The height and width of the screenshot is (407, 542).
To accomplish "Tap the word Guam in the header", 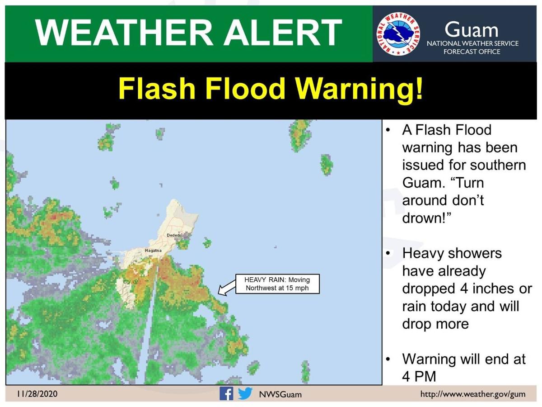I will pyautogui.click(x=471, y=30).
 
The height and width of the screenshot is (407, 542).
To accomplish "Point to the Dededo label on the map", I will pyautogui.click(x=174, y=235).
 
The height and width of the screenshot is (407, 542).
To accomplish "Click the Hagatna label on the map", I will pyautogui.click(x=153, y=250).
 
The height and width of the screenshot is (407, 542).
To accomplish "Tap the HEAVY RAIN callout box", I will pyautogui.click(x=277, y=284).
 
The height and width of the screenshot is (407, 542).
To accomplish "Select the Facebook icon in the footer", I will pyautogui.click(x=226, y=393).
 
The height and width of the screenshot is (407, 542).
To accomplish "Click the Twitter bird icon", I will pyautogui.click(x=245, y=393).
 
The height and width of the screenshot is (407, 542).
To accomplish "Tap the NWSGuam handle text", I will pyautogui.click(x=280, y=394).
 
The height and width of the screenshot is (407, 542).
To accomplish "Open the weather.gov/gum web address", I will pyautogui.click(x=473, y=394).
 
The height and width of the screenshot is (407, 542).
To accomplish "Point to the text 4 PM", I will pyautogui.click(x=418, y=377).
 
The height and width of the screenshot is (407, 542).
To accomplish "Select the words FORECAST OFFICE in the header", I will pyautogui.click(x=472, y=52).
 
